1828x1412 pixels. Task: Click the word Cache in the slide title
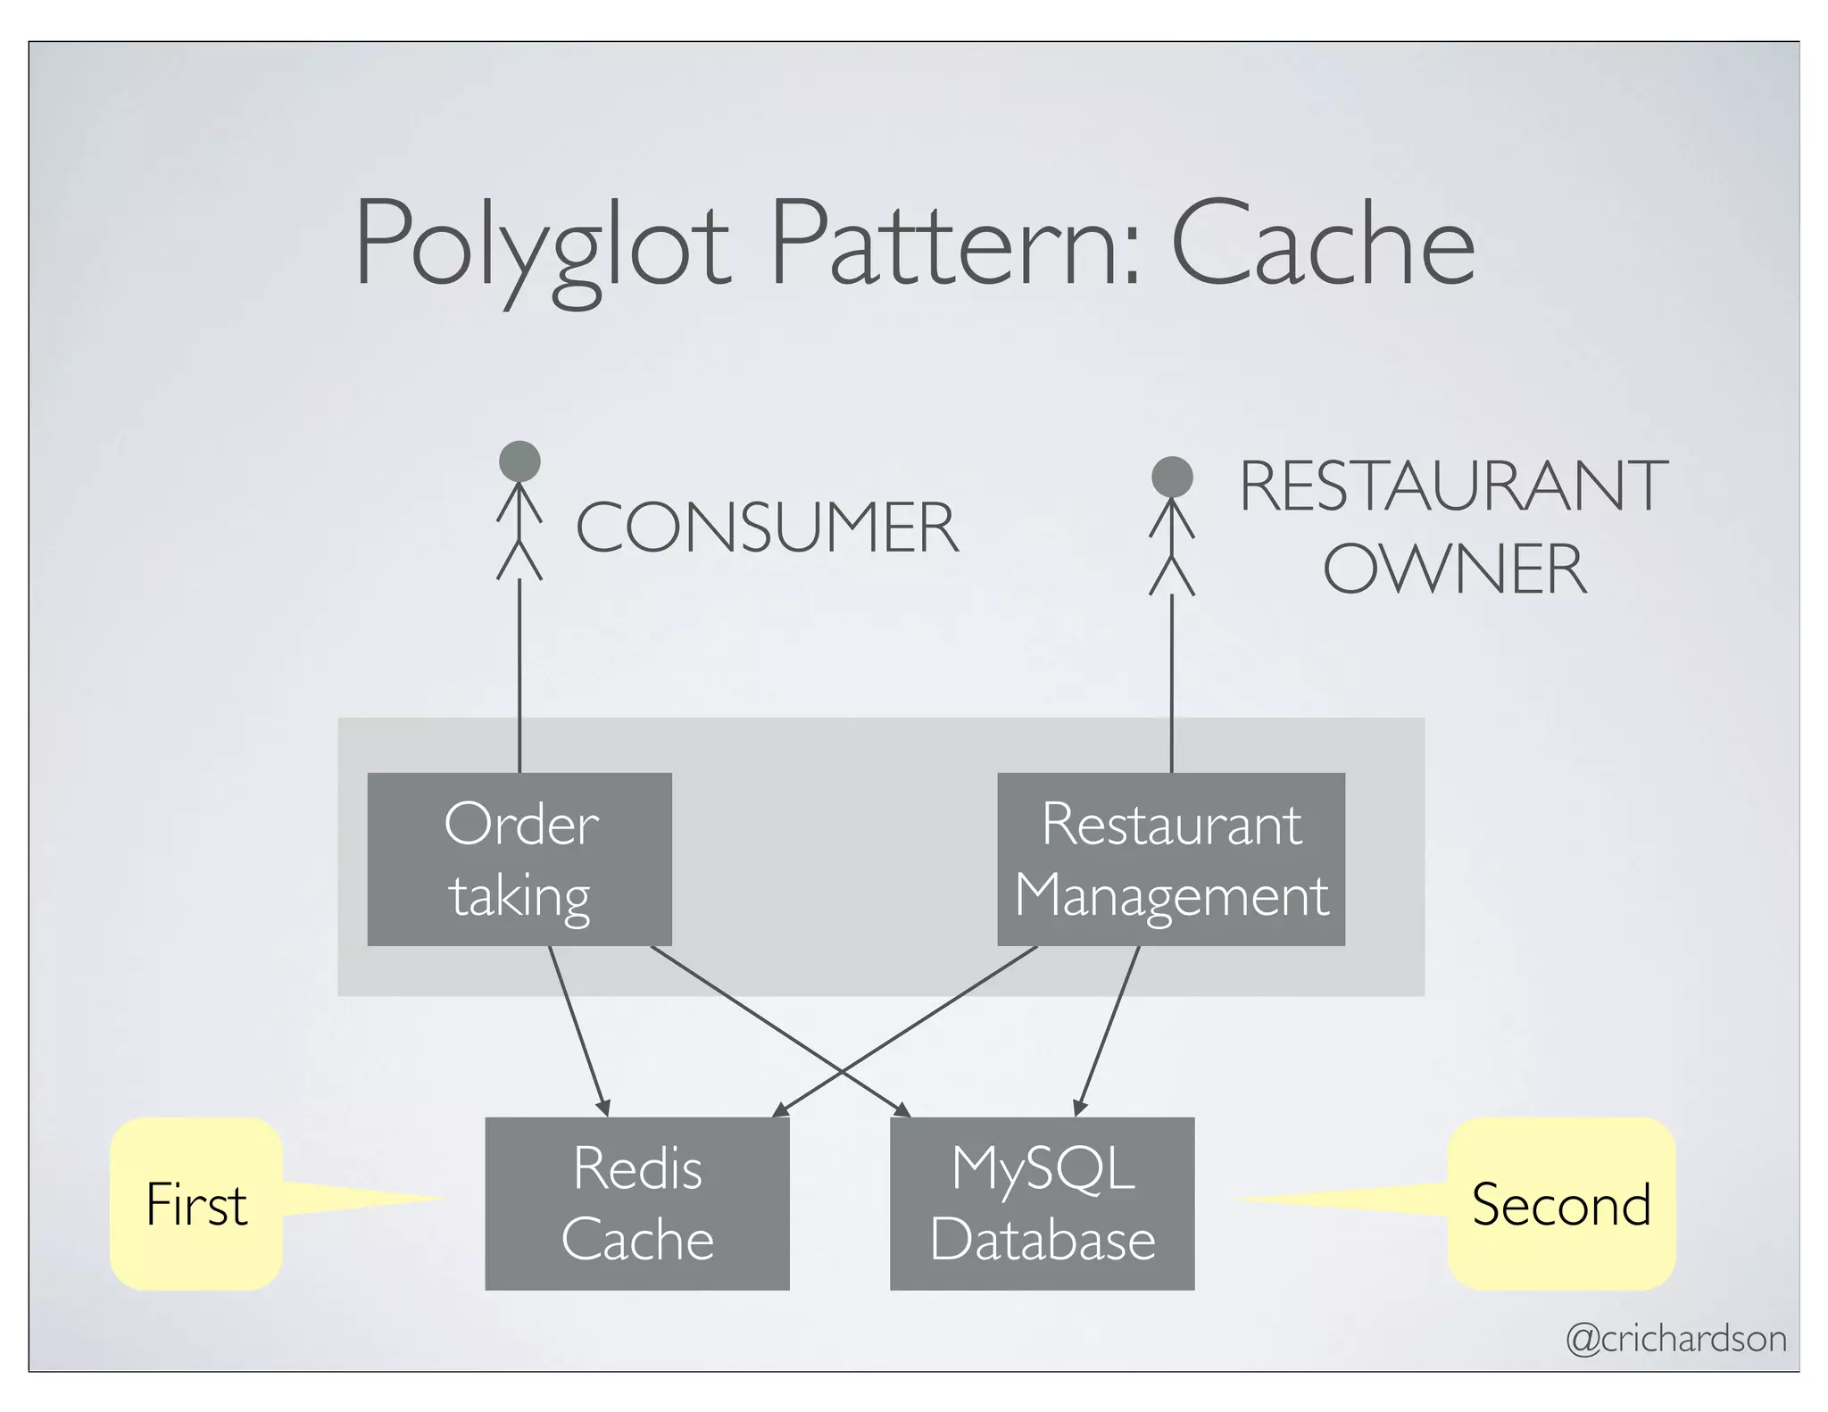(x=1322, y=245)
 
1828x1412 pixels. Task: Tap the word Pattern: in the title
(x=955, y=245)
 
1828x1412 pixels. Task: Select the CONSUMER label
(x=766, y=528)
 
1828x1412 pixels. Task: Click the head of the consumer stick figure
(x=519, y=461)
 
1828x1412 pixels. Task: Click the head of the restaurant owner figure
(x=1172, y=477)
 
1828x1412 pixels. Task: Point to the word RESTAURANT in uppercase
(x=1453, y=486)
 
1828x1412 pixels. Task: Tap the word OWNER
(x=1455, y=569)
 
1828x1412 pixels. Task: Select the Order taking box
(x=519, y=859)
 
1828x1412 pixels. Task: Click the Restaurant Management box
(x=1170, y=859)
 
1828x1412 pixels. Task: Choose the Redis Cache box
(x=637, y=1203)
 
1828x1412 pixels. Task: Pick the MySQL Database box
(x=1042, y=1203)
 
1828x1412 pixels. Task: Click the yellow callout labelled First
(x=196, y=1204)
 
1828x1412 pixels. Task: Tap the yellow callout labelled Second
(x=1560, y=1204)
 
